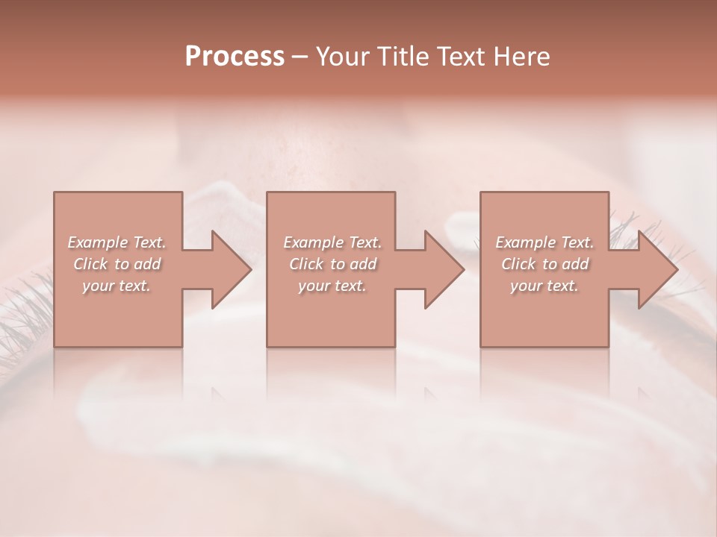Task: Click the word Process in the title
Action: pyautogui.click(x=235, y=57)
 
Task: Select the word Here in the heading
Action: pyautogui.click(x=521, y=57)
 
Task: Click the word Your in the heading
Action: pyautogui.click(x=344, y=57)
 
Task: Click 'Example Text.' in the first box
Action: pyautogui.click(x=117, y=242)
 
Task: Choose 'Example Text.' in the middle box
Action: pyautogui.click(x=332, y=242)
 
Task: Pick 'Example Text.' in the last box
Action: pyautogui.click(x=544, y=242)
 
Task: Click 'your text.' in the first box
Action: pyautogui.click(x=117, y=286)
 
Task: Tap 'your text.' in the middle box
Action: pyautogui.click(x=332, y=286)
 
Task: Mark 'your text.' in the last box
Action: pyautogui.click(x=544, y=286)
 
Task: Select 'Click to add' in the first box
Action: pyautogui.click(x=117, y=264)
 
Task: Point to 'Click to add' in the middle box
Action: pyautogui.click(x=332, y=264)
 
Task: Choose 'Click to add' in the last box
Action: pyautogui.click(x=544, y=264)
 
